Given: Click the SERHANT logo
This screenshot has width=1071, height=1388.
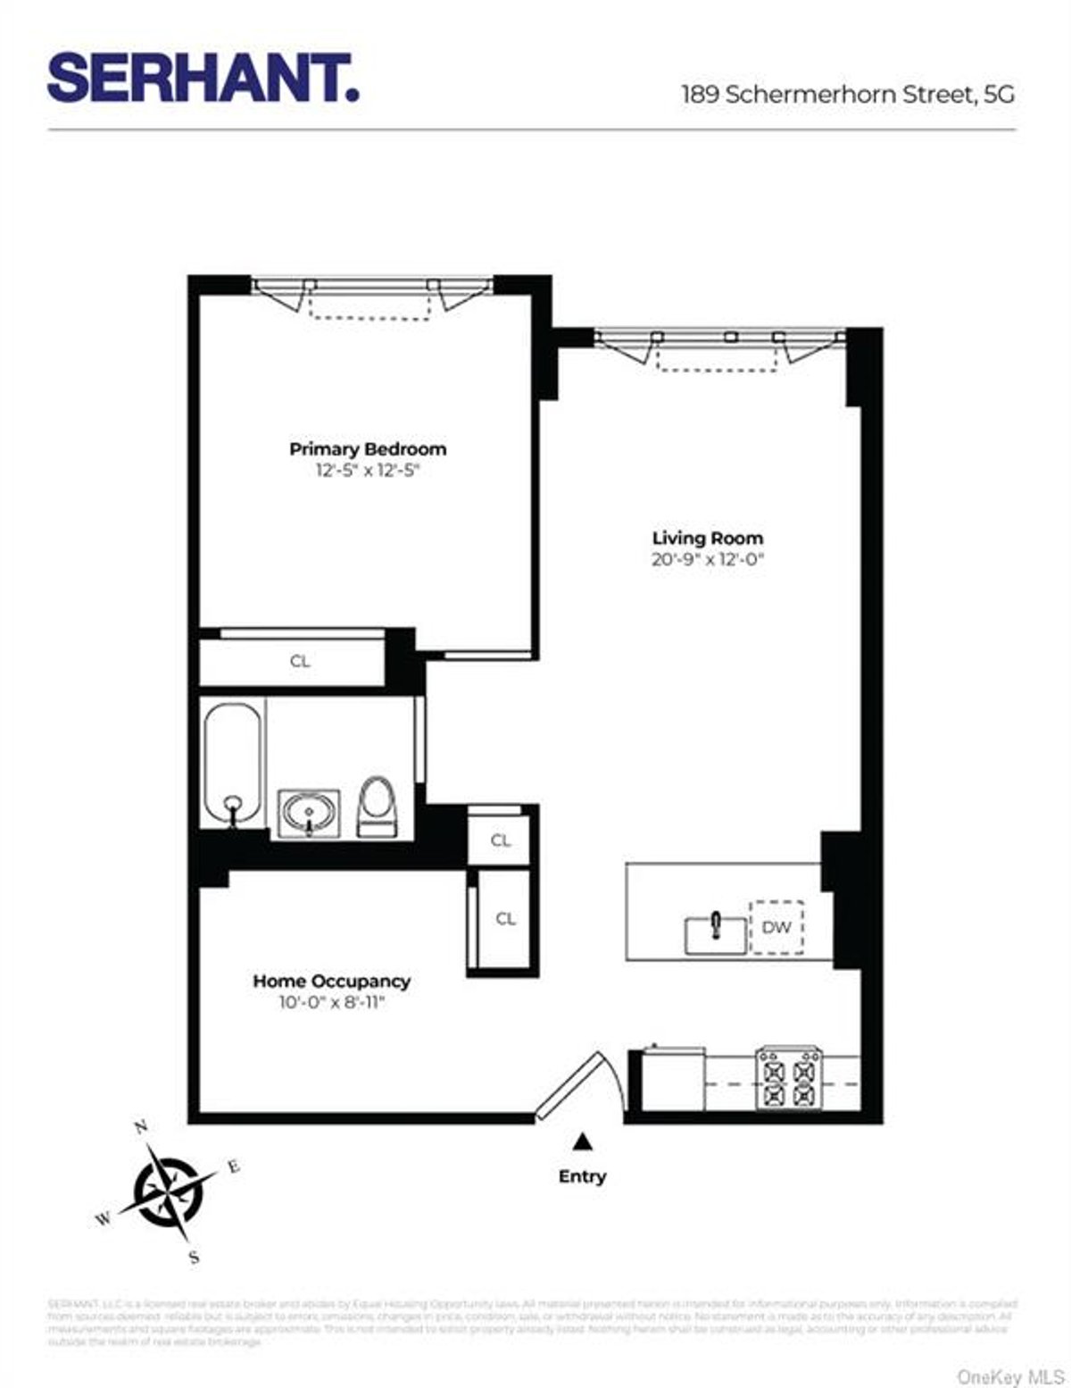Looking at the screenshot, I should pos(203,79).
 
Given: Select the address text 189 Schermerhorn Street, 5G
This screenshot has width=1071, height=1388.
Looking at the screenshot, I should pos(847,95).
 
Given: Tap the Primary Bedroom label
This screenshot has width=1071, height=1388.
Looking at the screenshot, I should pos(368,449).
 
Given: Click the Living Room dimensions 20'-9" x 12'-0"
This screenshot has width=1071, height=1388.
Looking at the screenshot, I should pos(709,560).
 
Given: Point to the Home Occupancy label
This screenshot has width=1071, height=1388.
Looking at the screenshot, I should pos(331,981).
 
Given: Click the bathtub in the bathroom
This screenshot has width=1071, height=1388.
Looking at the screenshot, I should pos(233,763).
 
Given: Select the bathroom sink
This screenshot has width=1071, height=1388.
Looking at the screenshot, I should pos(309,813).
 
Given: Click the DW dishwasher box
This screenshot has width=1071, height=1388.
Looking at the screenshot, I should pos(776,927).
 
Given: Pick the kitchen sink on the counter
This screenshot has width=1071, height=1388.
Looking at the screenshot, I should pos(716,934).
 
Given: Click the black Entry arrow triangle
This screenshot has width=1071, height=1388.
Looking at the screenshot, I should pos(582,1141).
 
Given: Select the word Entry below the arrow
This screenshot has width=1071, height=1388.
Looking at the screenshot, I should pos(582,1176).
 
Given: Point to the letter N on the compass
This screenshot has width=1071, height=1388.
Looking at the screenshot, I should pos(140,1127).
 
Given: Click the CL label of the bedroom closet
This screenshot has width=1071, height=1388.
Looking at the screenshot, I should pos(300,662).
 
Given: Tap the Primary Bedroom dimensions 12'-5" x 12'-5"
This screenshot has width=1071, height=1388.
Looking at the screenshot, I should pos(368,471).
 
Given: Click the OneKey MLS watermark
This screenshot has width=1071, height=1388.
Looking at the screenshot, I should pos(1010,1377).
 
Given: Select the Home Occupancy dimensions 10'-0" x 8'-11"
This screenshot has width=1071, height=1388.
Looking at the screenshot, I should pos(331,1003).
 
